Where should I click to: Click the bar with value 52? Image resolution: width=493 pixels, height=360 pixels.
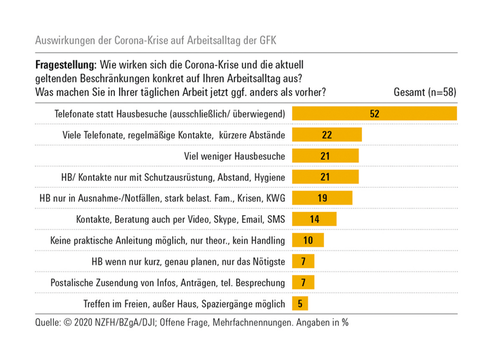pyautogui.click(x=374, y=113)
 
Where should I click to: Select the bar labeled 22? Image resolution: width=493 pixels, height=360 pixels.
pyautogui.click(x=327, y=134)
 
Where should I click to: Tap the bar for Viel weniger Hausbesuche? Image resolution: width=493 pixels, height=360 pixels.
pyautogui.click(x=325, y=156)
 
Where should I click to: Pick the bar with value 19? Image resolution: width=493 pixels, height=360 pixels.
pyautogui.click(x=322, y=198)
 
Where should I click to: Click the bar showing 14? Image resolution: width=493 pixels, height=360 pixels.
pyautogui.click(x=314, y=219)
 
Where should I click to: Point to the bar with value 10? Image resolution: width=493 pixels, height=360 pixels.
pyautogui.click(x=308, y=240)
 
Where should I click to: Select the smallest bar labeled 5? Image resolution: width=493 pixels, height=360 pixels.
pyautogui.click(x=299, y=304)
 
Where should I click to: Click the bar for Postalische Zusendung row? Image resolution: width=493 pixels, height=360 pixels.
pyautogui.click(x=303, y=283)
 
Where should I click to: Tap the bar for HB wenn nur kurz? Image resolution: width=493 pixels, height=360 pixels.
pyautogui.click(x=303, y=262)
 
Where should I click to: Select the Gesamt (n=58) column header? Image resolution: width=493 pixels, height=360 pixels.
pyautogui.click(x=424, y=92)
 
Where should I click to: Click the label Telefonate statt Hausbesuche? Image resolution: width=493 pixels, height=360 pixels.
pyautogui.click(x=170, y=113)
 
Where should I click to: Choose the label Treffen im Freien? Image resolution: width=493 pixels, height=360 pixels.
pyautogui.click(x=185, y=304)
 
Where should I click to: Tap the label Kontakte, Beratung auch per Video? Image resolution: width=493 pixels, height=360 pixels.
pyautogui.click(x=181, y=219)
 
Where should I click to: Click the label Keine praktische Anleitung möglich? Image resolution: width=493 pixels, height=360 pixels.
pyautogui.click(x=167, y=240)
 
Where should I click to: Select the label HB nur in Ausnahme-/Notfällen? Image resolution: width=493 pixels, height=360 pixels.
pyautogui.click(x=162, y=198)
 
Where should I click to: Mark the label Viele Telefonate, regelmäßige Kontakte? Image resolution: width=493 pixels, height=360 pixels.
pyautogui.click(x=174, y=134)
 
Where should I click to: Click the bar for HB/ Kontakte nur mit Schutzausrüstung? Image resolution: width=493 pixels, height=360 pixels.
pyautogui.click(x=325, y=177)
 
